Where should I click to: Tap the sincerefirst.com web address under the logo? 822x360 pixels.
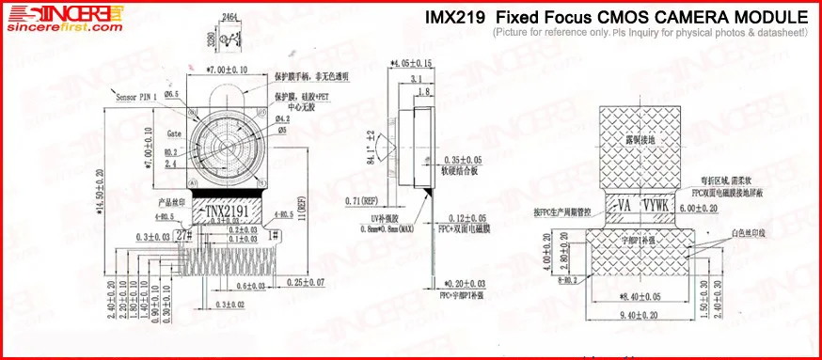tap(65, 28)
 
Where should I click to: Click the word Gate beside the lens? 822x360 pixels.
tap(174, 133)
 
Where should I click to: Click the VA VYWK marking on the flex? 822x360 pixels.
tap(644, 204)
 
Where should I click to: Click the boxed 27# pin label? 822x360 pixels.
tap(183, 236)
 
